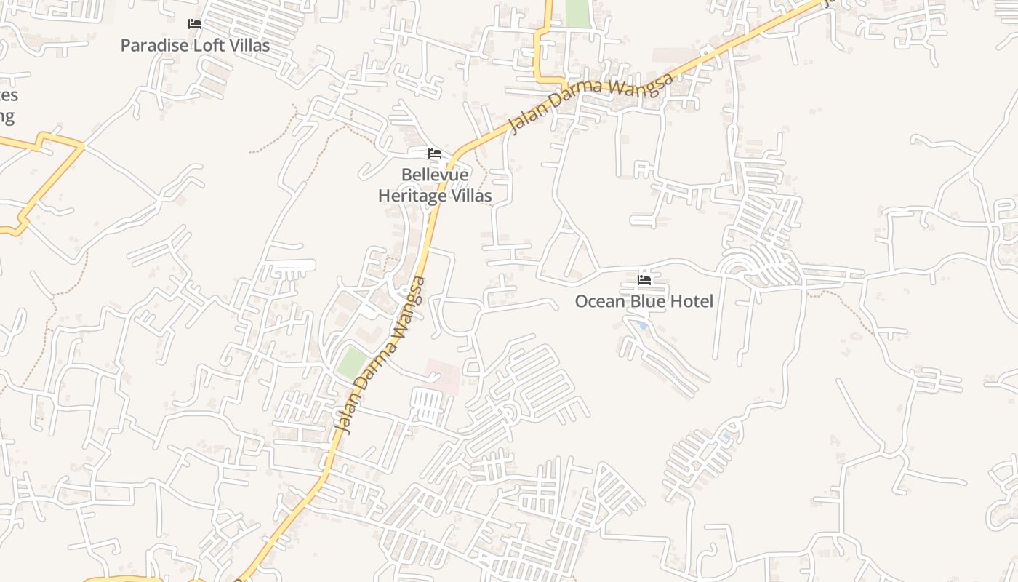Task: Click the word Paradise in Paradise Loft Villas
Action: click(x=152, y=45)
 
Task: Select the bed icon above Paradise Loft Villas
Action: click(x=195, y=24)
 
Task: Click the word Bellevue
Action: click(x=435, y=175)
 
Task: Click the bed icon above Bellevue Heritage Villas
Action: click(x=435, y=154)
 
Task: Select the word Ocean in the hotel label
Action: click(x=600, y=301)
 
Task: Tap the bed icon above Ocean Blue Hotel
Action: click(x=644, y=279)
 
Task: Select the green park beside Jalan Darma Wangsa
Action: click(x=353, y=362)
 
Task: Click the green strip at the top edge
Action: click(x=577, y=13)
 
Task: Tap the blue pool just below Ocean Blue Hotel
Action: click(x=641, y=325)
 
